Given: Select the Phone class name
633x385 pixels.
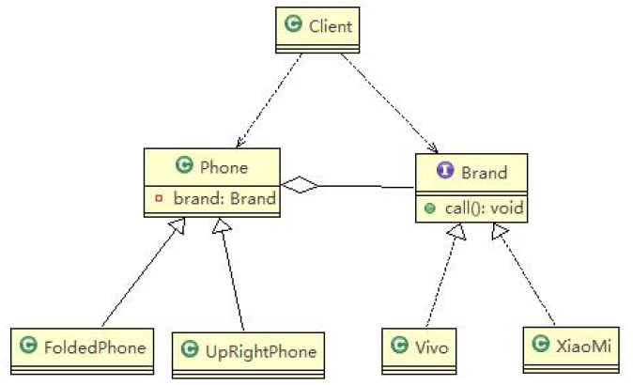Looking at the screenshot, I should tap(224, 167).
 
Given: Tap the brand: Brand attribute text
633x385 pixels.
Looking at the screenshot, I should tap(224, 199).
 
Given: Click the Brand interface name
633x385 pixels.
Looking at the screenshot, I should tap(484, 172).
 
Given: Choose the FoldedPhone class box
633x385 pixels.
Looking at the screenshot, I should tap(82, 349).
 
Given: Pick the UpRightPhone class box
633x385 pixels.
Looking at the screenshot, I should tap(248, 352).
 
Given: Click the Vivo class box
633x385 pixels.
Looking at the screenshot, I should tap(421, 348).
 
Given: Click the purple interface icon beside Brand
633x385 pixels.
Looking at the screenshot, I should tap(445, 172).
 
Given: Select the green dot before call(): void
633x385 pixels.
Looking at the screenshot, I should tap(429, 208).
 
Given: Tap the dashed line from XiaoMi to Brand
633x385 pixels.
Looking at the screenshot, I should tap(524, 272).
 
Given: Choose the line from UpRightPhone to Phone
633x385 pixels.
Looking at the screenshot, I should tap(232, 272).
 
